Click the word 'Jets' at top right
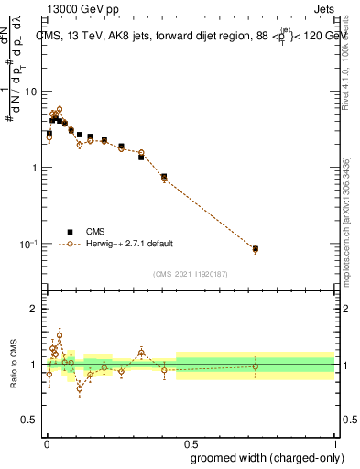[x=324, y=8]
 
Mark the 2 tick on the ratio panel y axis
[x=34, y=309]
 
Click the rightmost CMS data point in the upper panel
[x=256, y=248]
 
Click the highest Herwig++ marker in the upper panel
[x=60, y=109]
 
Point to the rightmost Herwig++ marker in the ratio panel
[x=256, y=366]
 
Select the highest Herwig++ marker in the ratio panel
[x=60, y=334]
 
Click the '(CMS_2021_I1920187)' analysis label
[x=190, y=273]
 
